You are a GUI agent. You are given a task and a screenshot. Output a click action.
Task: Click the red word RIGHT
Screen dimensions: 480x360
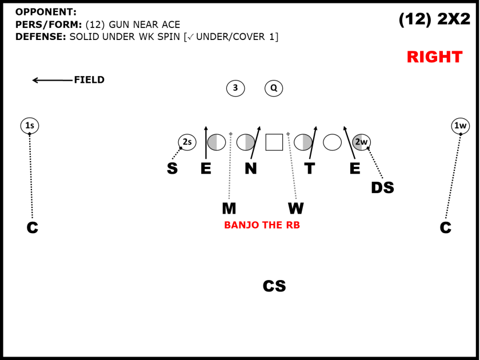[x=434, y=57]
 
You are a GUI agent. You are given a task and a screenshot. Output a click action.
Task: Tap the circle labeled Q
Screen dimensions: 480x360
[x=274, y=88]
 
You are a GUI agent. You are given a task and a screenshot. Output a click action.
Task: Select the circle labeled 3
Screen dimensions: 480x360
[x=235, y=88]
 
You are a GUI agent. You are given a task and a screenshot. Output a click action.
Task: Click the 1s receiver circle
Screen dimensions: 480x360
[x=30, y=126]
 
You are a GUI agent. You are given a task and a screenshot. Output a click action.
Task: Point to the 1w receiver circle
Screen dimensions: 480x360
[x=461, y=126]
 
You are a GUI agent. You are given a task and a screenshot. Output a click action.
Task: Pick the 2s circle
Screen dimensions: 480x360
[x=187, y=142]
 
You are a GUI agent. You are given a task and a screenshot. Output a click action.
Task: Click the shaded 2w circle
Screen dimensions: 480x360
[x=362, y=142]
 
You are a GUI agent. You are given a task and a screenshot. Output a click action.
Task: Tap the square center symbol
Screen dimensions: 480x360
[x=274, y=142]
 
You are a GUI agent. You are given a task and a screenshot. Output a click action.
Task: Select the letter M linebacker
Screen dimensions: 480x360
[x=229, y=209]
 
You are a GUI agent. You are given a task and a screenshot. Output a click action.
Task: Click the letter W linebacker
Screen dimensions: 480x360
[x=296, y=209]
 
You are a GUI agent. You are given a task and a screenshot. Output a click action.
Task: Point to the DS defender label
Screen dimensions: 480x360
[x=382, y=187]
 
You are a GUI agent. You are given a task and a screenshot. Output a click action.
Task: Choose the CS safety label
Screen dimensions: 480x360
[x=274, y=286]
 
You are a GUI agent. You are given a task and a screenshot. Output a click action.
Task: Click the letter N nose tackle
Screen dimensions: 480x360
[x=251, y=169]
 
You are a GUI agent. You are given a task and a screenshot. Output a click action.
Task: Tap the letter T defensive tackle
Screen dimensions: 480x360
[x=310, y=169]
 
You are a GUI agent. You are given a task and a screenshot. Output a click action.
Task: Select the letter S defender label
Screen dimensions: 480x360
[x=172, y=169]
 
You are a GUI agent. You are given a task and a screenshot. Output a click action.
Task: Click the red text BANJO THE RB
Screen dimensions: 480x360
[x=262, y=225]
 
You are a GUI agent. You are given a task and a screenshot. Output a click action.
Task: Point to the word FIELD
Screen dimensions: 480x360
[x=89, y=80]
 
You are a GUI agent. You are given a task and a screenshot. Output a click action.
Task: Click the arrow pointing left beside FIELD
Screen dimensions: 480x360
[x=53, y=80]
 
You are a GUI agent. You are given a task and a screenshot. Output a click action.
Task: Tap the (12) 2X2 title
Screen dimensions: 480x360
[x=434, y=19]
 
